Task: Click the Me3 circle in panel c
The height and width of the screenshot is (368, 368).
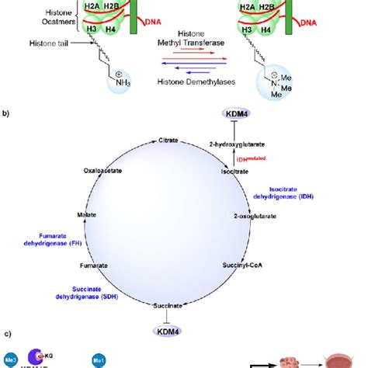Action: [10, 359]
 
